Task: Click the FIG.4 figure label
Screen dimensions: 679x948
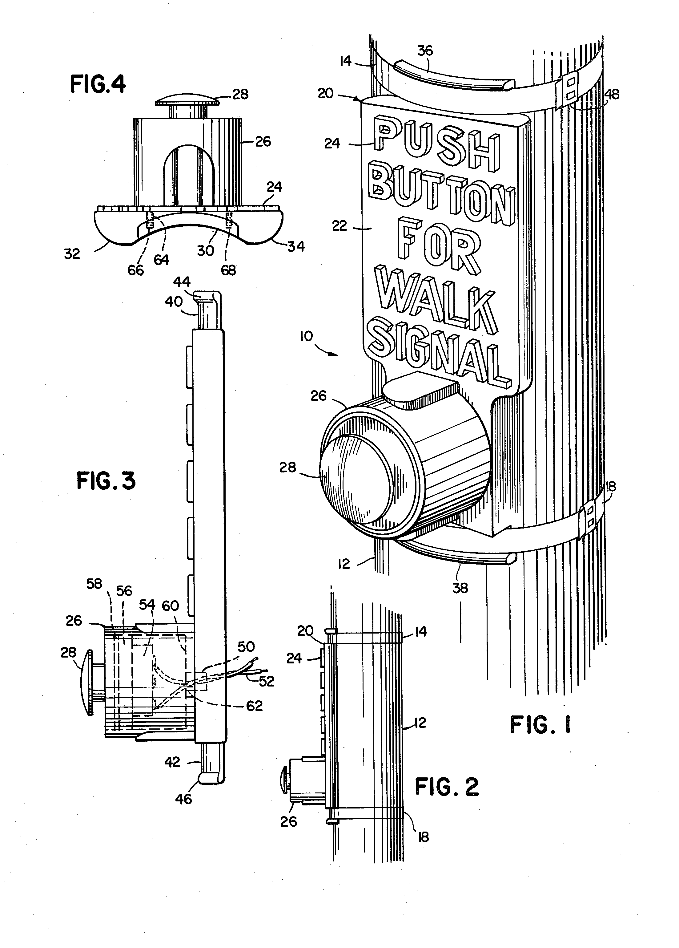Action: pyautogui.click(x=98, y=84)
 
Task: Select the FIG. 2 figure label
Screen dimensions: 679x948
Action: pyautogui.click(x=447, y=787)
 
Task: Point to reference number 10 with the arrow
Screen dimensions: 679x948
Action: pyautogui.click(x=306, y=336)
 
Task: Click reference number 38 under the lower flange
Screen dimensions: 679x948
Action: pyautogui.click(x=460, y=589)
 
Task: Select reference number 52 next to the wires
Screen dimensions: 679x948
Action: pyautogui.click(x=266, y=681)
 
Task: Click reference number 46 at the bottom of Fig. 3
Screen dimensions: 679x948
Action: pyautogui.click(x=183, y=799)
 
